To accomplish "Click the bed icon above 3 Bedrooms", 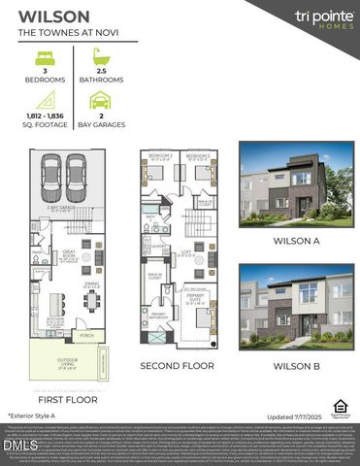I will [45, 58].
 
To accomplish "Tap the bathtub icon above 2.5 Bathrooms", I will [101, 58].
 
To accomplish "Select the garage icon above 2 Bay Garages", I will [101, 100].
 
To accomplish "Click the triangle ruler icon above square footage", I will [45, 100].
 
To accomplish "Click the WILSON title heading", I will [53, 17].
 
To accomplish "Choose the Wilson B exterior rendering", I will [297, 305].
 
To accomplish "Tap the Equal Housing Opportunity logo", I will [340, 406].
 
